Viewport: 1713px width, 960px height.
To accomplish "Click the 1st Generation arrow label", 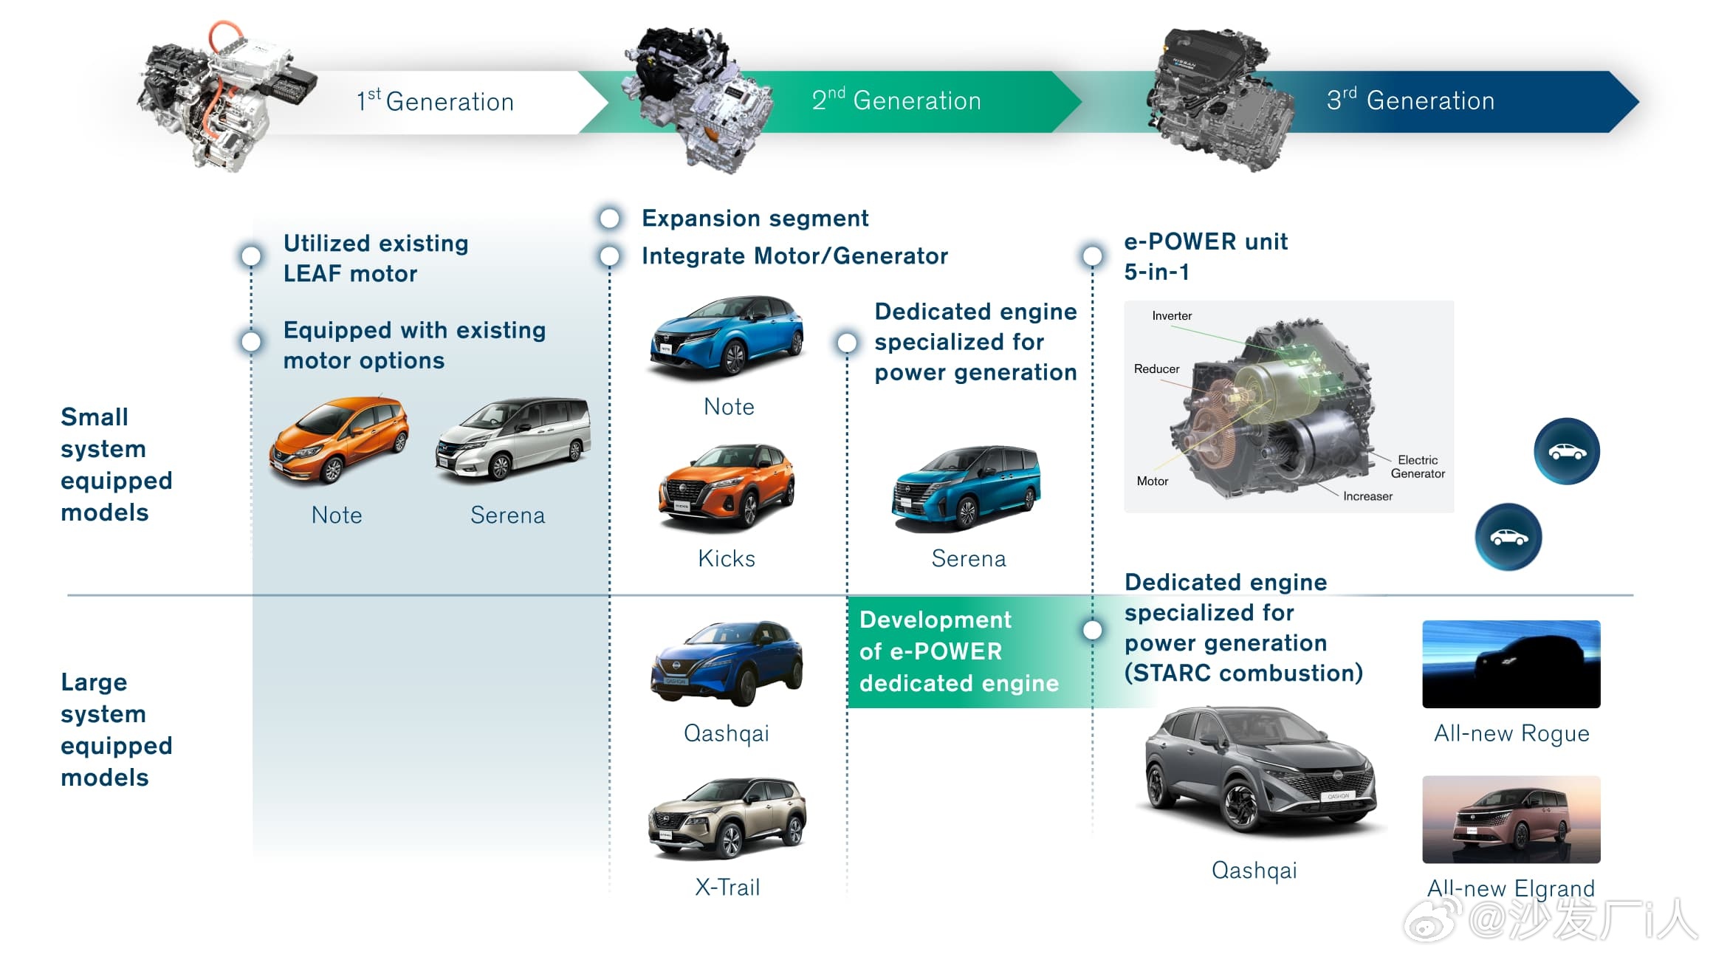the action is pyautogui.click(x=435, y=100).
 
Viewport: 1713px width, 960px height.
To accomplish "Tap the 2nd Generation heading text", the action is pyautogui.click(x=896, y=100).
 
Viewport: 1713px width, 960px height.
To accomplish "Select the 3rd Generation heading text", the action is pyautogui.click(x=1410, y=100).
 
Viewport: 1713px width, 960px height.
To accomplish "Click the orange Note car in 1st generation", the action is pyautogui.click(x=339, y=440).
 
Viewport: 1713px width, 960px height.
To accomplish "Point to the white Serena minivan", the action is pyautogui.click(x=514, y=439).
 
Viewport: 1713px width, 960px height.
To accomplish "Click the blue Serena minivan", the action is pyautogui.click(x=967, y=487).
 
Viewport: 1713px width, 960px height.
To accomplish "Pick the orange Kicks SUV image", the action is pyautogui.click(x=727, y=487).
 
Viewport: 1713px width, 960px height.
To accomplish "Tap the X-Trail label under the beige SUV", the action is pyautogui.click(x=727, y=886).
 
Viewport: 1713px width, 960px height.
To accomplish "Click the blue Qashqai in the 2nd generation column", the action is pyautogui.click(x=727, y=662).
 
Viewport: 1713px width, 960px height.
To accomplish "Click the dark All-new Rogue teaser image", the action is pyautogui.click(x=1511, y=664).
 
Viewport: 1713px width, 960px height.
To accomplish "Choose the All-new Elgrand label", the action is pyautogui.click(x=1511, y=888).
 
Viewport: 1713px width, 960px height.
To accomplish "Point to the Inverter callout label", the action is pyautogui.click(x=1172, y=316).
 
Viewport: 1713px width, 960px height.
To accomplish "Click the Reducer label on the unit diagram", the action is pyautogui.click(x=1156, y=368).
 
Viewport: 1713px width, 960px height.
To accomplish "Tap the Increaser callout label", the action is pyautogui.click(x=1367, y=496).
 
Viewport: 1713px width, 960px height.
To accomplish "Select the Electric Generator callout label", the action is pyautogui.click(x=1418, y=467).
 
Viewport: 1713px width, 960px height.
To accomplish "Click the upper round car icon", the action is pyautogui.click(x=1567, y=451).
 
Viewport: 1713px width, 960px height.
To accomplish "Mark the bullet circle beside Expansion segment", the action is pyautogui.click(x=609, y=218).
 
